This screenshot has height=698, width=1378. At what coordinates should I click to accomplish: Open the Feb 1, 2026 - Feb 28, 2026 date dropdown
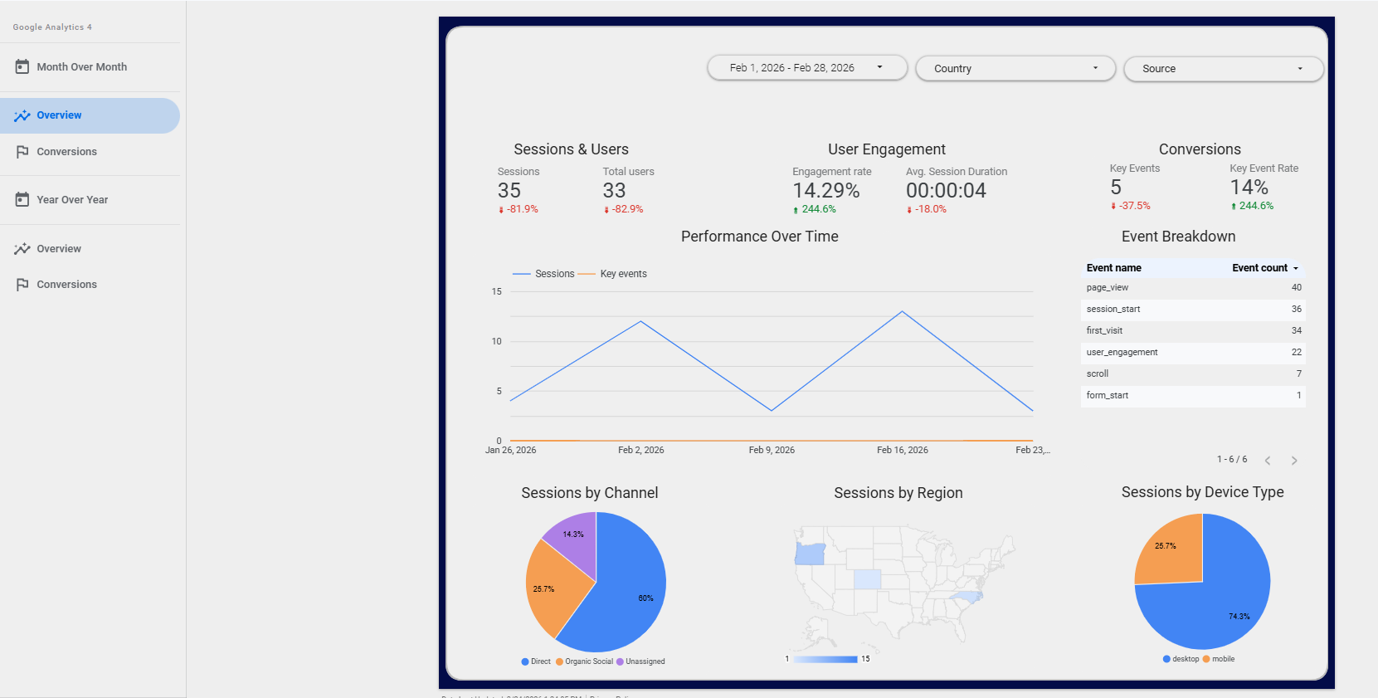(x=806, y=68)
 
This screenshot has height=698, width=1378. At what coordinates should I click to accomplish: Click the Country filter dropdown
(x=1015, y=69)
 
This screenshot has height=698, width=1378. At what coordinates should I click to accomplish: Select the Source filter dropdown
(x=1222, y=69)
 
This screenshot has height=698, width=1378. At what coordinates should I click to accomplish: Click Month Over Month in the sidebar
(x=81, y=67)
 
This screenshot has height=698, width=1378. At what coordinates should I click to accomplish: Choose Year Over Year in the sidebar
(x=72, y=200)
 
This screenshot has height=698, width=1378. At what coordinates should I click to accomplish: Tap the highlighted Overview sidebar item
(x=59, y=115)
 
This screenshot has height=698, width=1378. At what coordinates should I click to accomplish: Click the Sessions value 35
(x=509, y=191)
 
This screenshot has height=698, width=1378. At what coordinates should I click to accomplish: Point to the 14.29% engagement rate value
(x=825, y=191)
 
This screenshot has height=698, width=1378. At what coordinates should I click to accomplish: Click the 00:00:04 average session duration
(x=946, y=191)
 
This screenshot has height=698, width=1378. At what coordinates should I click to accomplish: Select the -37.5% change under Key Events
(x=1133, y=206)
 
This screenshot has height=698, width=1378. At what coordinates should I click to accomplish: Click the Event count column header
(x=1259, y=268)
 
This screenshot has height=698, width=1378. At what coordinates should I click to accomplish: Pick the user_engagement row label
(x=1122, y=353)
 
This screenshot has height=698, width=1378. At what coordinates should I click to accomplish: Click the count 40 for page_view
(x=1296, y=288)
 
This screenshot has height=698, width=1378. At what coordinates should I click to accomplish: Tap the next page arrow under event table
(x=1294, y=461)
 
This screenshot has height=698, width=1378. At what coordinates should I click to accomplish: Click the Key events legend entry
(x=622, y=274)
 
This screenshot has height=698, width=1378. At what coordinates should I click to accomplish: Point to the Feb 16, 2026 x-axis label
(x=902, y=450)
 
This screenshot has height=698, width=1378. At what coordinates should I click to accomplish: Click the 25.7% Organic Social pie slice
(x=552, y=593)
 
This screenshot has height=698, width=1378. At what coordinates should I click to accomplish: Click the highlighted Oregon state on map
(x=810, y=554)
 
